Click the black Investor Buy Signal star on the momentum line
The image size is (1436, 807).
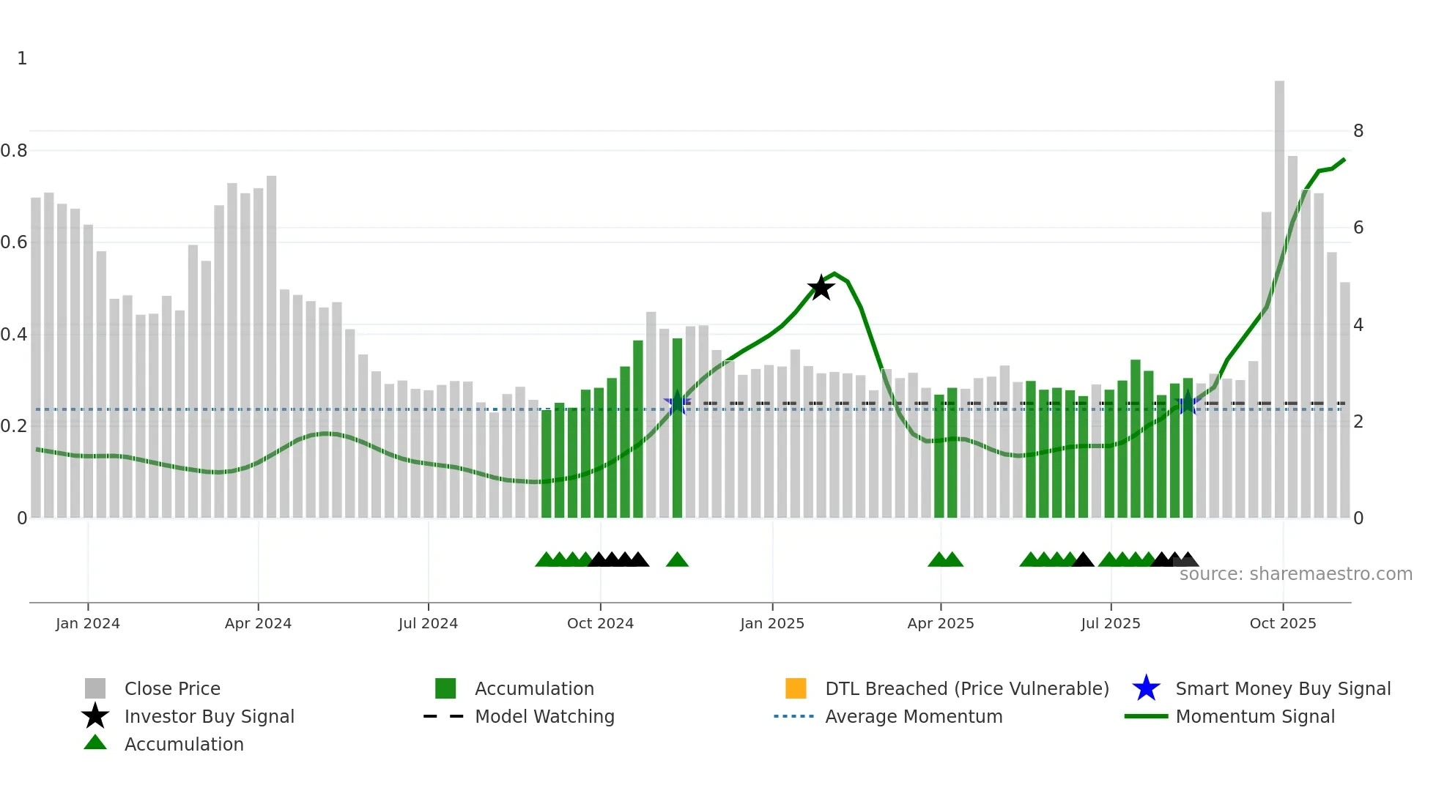(x=821, y=288)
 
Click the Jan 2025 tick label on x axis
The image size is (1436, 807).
(x=771, y=623)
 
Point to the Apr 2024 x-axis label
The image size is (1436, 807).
(x=258, y=623)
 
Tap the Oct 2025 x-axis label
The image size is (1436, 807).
(x=1282, y=623)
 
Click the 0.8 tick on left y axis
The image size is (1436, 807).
(x=14, y=151)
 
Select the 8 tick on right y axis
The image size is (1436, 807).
(x=1358, y=131)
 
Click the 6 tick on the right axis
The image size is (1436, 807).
(x=1358, y=228)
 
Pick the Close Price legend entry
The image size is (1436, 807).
(x=172, y=688)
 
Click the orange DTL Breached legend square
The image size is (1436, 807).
(x=796, y=688)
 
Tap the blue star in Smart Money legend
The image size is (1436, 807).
(x=1146, y=688)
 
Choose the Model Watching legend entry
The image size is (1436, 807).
(x=544, y=716)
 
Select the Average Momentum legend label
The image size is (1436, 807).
(x=914, y=716)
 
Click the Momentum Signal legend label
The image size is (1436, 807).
(x=1255, y=716)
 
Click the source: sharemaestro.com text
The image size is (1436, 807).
(x=1295, y=574)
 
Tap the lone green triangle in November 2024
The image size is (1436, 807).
(x=677, y=560)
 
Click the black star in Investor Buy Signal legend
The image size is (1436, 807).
(x=95, y=716)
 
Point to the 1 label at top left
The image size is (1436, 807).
(x=22, y=59)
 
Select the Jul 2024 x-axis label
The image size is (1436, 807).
(x=428, y=623)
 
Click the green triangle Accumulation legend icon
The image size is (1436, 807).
(x=95, y=743)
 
